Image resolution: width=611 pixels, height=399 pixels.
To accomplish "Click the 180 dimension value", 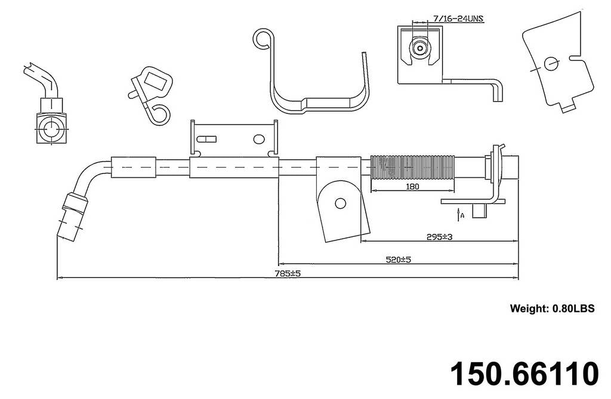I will (412, 186).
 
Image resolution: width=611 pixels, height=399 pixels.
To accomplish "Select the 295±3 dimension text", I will (439, 236).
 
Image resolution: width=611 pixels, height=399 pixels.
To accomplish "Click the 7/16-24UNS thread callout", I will (458, 18).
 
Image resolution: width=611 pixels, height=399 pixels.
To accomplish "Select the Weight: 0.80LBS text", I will (552, 308).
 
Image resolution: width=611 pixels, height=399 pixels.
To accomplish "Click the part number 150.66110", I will (523, 373).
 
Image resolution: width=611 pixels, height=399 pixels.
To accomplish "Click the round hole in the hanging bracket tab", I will (340, 203).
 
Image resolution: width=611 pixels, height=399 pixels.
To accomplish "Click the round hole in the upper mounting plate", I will (258, 138).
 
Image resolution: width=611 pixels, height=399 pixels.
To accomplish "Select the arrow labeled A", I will (458, 213).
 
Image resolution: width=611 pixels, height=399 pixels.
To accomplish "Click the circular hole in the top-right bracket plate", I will (551, 63).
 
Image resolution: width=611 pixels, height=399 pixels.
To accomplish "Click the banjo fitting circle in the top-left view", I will (51, 129).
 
